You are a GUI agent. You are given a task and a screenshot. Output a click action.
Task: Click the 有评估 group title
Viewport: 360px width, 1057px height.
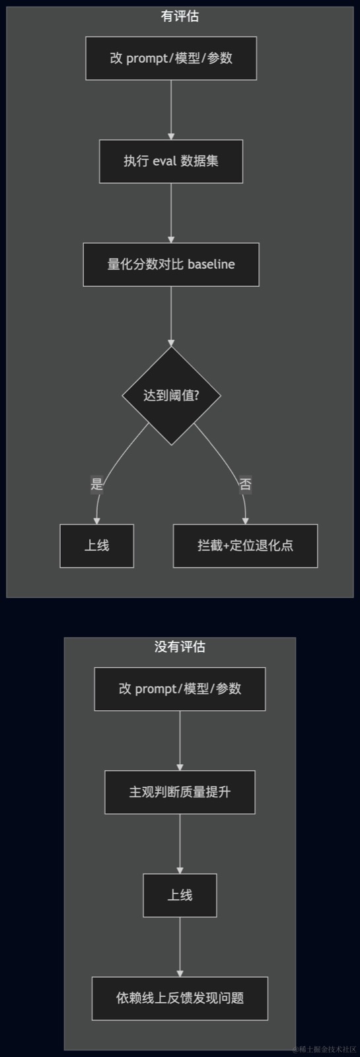coord(180,17)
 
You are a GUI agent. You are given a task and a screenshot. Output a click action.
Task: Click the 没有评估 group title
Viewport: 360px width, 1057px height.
coord(180,647)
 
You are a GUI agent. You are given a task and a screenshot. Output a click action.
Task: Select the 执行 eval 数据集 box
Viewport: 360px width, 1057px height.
coord(171,161)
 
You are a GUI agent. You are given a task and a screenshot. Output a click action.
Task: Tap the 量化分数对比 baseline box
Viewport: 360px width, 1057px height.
coord(171,264)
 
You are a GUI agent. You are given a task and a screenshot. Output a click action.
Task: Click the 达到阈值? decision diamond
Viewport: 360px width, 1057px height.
coord(171,396)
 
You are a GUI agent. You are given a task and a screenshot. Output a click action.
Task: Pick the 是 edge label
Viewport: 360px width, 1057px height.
coord(96,484)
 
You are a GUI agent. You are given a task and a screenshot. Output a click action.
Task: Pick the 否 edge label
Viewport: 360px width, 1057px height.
coord(245,484)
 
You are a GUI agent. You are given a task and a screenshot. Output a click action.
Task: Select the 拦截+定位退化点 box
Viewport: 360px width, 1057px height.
coord(245,546)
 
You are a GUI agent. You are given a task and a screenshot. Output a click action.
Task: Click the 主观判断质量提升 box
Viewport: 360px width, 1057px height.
coord(180,792)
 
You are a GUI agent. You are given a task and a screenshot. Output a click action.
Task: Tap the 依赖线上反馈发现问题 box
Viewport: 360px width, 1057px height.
coord(180,998)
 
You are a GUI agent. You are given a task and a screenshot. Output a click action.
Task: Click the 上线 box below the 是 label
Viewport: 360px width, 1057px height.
coord(96,546)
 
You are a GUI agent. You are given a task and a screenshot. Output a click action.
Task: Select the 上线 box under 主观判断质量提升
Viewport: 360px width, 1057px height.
coord(180,895)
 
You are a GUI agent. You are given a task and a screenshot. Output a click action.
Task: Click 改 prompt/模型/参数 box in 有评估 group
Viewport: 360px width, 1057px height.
coord(171,59)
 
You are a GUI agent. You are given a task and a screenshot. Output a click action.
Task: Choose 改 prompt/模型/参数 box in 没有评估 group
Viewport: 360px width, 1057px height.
coord(180,689)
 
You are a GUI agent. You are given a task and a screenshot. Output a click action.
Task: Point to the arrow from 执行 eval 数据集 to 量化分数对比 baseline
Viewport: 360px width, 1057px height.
coord(171,213)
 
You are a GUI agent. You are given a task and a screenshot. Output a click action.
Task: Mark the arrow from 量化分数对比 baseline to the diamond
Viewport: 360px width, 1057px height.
coord(171,316)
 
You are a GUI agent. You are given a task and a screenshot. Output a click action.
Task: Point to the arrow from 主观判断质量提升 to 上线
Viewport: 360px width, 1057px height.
coord(180,844)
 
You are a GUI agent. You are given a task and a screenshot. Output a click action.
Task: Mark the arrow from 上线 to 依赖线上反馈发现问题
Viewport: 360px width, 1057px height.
coord(180,947)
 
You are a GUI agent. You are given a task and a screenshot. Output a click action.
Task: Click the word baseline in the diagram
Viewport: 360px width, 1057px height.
coord(211,264)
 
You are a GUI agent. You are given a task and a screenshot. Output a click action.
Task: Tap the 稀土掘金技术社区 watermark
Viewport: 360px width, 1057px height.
coord(325,1049)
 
